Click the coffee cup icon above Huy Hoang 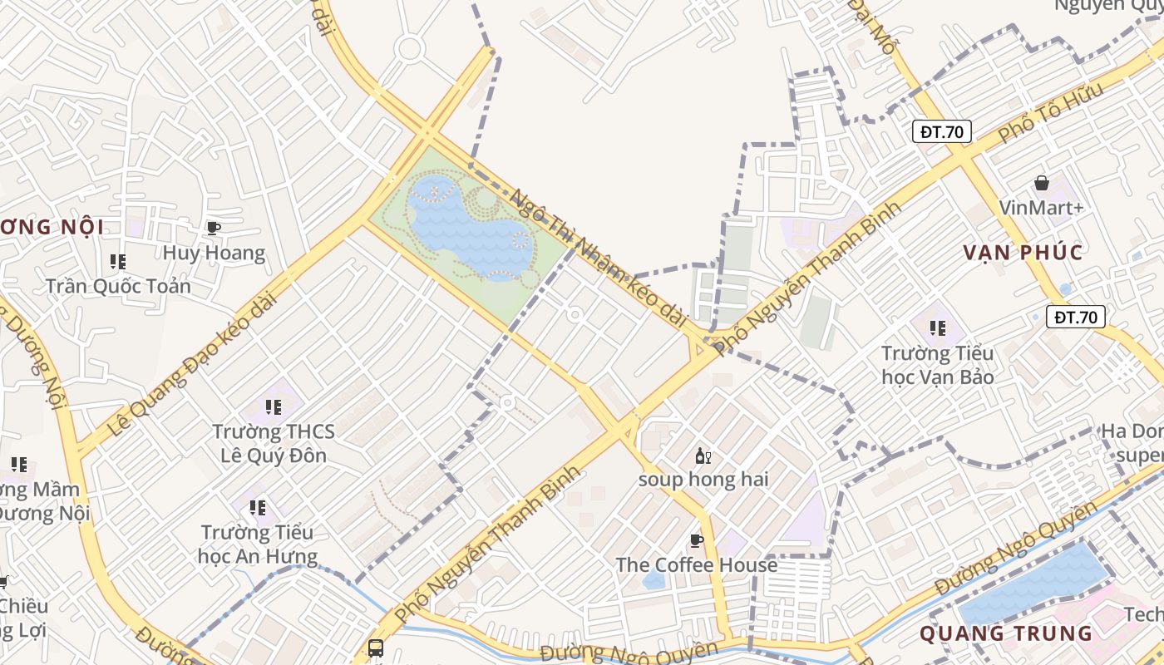pyautogui.click(x=214, y=228)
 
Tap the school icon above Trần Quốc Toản pyautogui.click(x=118, y=262)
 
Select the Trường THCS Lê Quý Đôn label pyautogui.click(x=274, y=444)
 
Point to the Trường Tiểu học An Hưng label pyautogui.click(x=258, y=544)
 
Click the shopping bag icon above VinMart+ pyautogui.click(x=1041, y=183)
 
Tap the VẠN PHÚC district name pyautogui.click(x=1023, y=253)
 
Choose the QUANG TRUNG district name pyautogui.click(x=1006, y=633)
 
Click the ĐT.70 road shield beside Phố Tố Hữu pyautogui.click(x=942, y=131)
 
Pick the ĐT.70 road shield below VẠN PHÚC pyautogui.click(x=1075, y=317)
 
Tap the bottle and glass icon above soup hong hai pyautogui.click(x=703, y=456)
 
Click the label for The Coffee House pyautogui.click(x=697, y=565)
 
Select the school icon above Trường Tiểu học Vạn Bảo pyautogui.click(x=938, y=328)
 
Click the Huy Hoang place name pyautogui.click(x=214, y=253)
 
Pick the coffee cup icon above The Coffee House pyautogui.click(x=697, y=541)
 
